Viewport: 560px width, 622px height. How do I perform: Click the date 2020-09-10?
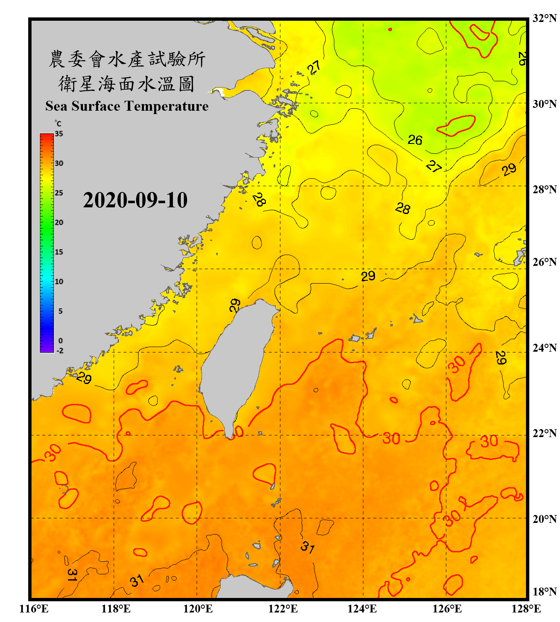point(135,200)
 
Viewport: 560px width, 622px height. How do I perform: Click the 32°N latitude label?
point(544,18)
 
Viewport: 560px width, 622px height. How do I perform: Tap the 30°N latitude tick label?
point(544,104)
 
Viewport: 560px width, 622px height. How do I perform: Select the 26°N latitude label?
point(544,262)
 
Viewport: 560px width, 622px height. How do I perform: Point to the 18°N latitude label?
point(544,592)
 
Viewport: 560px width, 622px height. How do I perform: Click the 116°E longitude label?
point(34,609)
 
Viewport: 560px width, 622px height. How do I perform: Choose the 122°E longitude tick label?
point(283,609)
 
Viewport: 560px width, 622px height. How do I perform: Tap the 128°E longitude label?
point(526,609)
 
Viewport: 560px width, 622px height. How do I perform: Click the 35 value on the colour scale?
point(59,134)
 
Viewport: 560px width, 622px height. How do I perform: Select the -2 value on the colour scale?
point(60,351)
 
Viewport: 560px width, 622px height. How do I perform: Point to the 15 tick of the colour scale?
point(59,252)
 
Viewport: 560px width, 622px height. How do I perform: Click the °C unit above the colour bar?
point(58,124)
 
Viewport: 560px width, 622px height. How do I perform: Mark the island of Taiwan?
point(234,365)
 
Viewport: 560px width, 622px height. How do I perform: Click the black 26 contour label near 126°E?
point(415,140)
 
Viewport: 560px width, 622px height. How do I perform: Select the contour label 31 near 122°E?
point(307,547)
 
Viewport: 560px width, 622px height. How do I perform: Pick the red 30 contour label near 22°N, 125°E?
point(391,439)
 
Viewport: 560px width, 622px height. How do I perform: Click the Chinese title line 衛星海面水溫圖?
point(127,84)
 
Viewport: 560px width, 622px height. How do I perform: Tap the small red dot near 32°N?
point(390,29)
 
